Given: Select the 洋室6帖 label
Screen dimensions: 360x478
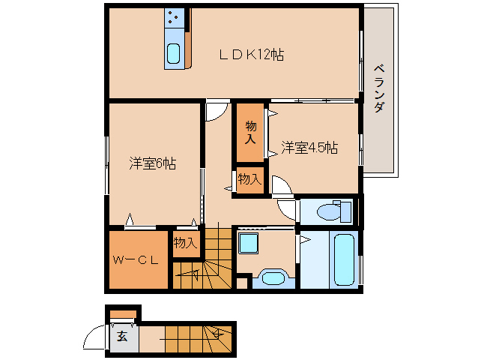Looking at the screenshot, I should tap(152, 163).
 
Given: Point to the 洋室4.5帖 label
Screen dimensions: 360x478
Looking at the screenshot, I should tap(309, 148).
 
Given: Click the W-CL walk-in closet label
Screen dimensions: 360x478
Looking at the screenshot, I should tap(136, 261).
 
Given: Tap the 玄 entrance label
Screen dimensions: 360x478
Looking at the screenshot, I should tap(122, 336).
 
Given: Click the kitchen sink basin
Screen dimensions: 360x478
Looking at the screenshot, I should tap(173, 54).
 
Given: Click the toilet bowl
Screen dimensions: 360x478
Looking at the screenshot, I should tap(330, 212).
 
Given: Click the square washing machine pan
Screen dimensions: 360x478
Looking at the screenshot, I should tap(248, 243).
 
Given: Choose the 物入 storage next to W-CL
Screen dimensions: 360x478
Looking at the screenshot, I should tap(186, 243).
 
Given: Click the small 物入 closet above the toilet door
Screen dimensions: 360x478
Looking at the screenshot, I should tap(249, 179).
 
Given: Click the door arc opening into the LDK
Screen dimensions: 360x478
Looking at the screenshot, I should tap(215, 111).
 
